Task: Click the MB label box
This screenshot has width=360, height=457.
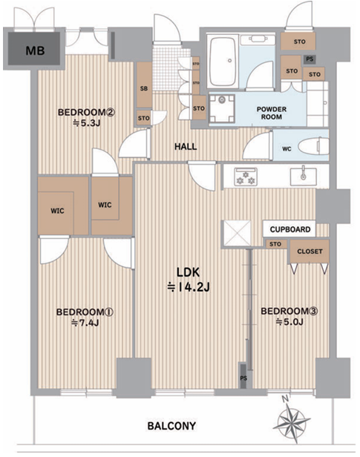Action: point(34,49)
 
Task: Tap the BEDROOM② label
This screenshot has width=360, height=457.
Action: point(87,112)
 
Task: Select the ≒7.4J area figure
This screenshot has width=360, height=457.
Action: point(85,323)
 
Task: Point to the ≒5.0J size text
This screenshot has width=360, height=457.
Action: point(289,322)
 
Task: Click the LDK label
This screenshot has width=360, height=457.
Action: point(189,272)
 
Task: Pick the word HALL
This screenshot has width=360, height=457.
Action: point(186,147)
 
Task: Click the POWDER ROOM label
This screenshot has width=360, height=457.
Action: point(272,113)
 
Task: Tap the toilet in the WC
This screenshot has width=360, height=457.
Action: point(313,146)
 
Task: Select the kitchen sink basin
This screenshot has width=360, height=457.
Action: point(303,177)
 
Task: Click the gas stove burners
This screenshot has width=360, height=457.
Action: point(246,177)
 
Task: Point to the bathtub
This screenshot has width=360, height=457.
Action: point(223,62)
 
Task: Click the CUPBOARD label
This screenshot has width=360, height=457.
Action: point(289,229)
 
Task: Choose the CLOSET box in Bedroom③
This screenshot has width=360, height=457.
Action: point(310,251)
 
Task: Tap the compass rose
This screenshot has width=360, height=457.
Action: point(292,421)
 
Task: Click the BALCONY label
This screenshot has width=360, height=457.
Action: point(171,426)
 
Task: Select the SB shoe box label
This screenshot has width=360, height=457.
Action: point(144,88)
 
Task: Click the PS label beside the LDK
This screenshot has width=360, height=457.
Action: point(243,378)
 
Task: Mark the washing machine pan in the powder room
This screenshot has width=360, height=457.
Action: point(223,109)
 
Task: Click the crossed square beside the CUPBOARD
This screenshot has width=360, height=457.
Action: point(236,233)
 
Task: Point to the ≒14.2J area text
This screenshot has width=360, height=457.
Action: point(189,288)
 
